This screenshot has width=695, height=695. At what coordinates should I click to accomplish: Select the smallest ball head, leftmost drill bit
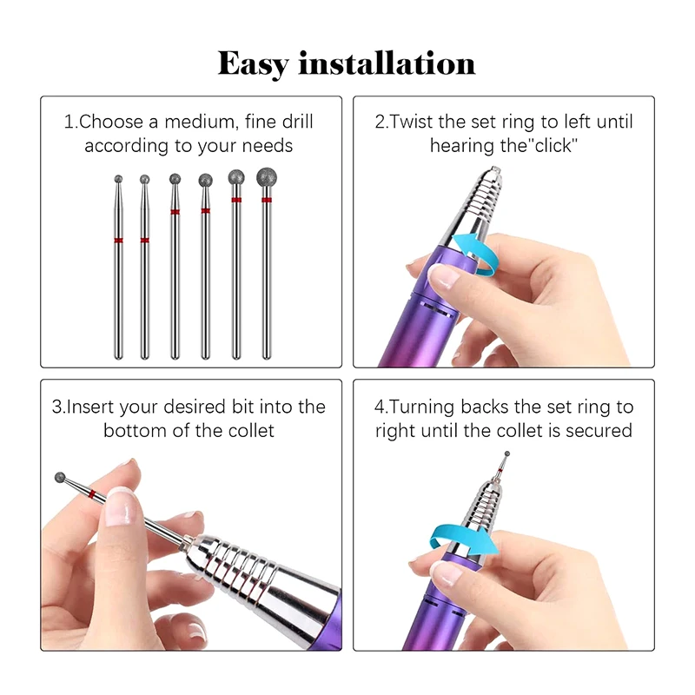coord(119,179)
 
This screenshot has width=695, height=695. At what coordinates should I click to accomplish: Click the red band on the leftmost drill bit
coord(119,240)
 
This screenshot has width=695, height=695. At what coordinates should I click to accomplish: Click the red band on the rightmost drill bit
coord(266,201)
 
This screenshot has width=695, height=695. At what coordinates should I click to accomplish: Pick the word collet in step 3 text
coord(247,430)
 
